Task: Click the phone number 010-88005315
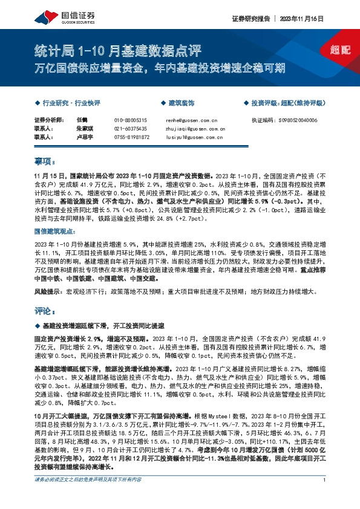(x=131, y=120)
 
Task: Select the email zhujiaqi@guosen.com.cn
(x=195, y=129)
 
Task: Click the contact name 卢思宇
(x=86, y=137)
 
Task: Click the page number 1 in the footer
(x=325, y=496)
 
